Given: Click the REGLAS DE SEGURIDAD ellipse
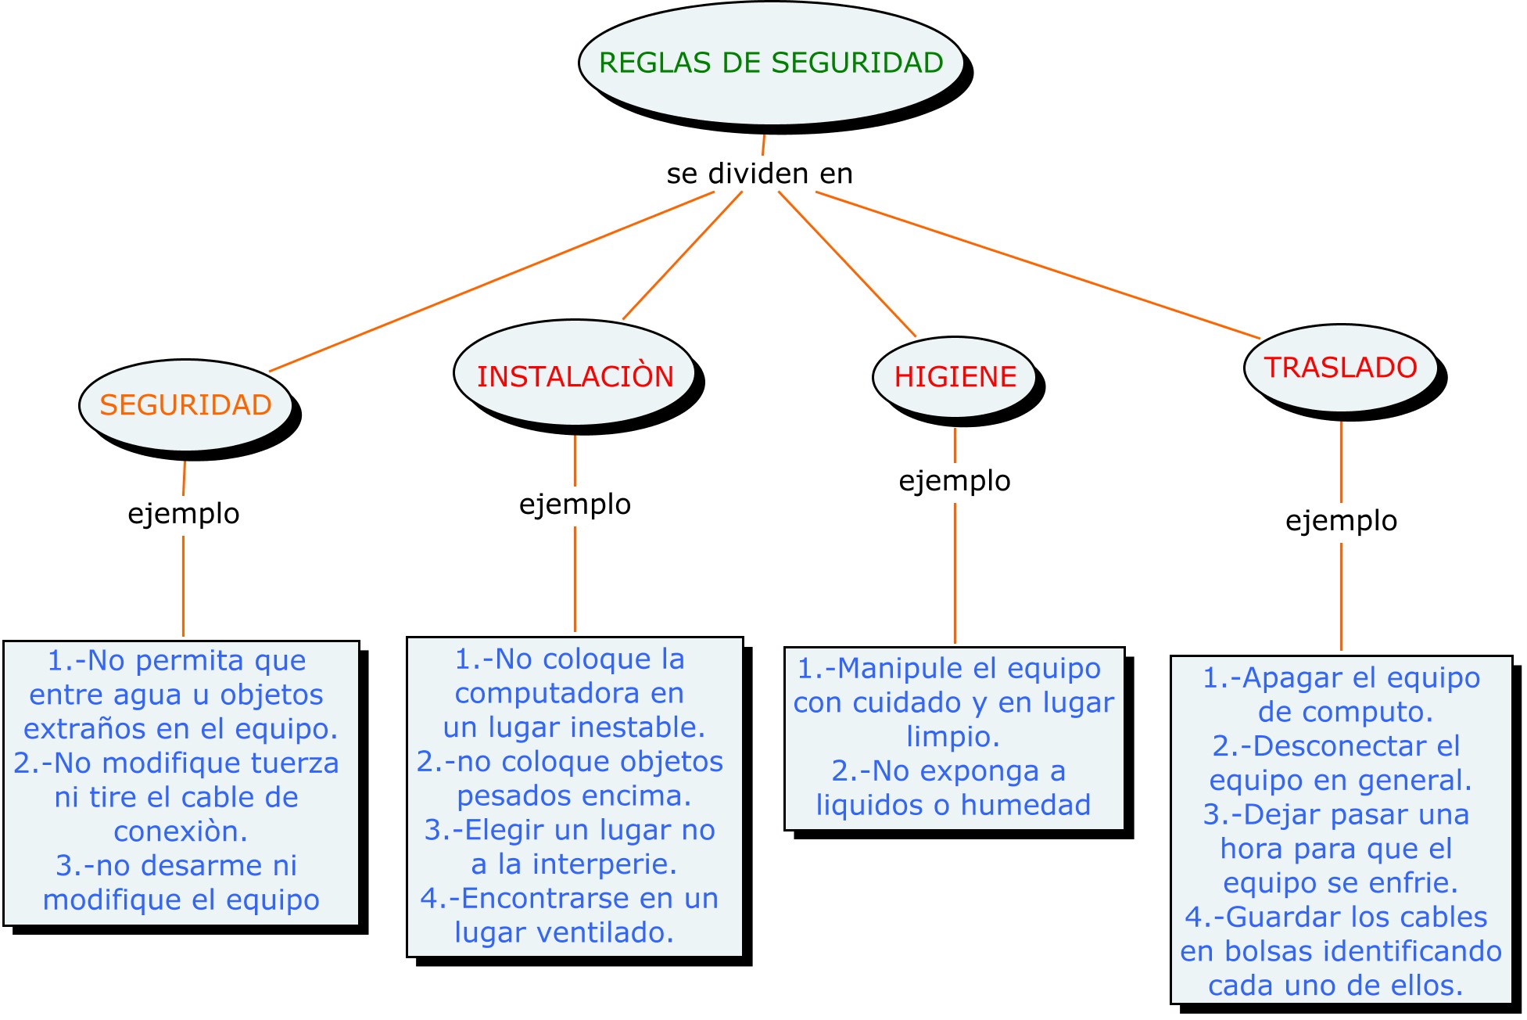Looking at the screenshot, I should tap(771, 63).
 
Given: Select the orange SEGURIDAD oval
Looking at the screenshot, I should tap(185, 405).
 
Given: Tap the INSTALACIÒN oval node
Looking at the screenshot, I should tap(575, 376).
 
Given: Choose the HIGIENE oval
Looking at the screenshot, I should tap(955, 377).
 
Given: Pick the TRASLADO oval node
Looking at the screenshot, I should tap(1340, 368).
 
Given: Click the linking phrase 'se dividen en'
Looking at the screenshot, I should tap(759, 174).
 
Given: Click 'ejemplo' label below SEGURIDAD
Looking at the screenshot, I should tap(184, 514).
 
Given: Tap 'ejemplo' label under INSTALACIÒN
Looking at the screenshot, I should tap(575, 505).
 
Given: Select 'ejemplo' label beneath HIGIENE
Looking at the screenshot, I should tap(955, 480).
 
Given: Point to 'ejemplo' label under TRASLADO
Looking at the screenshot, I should tap(1341, 521).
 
